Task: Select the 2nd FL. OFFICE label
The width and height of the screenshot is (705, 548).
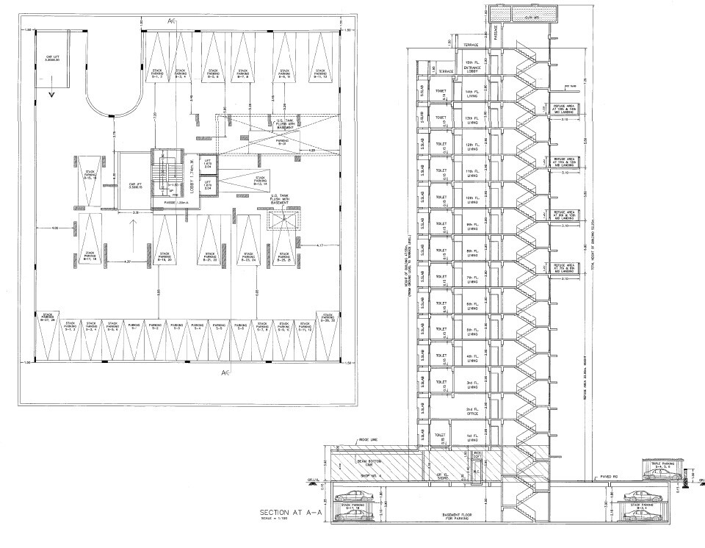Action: coord(471,413)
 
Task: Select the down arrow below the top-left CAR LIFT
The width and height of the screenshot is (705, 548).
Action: coord(51,94)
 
